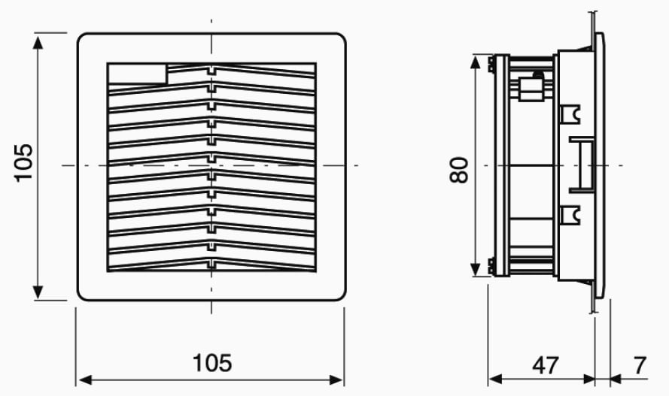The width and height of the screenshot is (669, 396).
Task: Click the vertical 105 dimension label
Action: (x=23, y=163)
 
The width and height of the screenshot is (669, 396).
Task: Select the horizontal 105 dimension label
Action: (x=212, y=363)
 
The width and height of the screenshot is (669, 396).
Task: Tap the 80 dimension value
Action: (x=459, y=171)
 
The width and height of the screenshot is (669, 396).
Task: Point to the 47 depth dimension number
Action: (x=546, y=365)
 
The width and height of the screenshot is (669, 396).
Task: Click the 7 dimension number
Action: (x=640, y=365)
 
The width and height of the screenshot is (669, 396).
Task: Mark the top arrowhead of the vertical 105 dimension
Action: (x=38, y=43)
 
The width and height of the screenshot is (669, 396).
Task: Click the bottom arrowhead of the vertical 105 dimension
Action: (x=38, y=292)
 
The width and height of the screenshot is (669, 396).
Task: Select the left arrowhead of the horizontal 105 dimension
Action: (x=86, y=379)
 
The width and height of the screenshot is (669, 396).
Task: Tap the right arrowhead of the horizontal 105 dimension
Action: (x=336, y=379)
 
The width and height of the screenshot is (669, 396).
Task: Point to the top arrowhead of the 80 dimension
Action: (x=475, y=62)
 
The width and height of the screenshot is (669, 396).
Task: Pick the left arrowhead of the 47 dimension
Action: (x=495, y=379)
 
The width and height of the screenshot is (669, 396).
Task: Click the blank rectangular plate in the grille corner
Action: (x=138, y=74)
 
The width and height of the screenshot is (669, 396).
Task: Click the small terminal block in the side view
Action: (x=531, y=88)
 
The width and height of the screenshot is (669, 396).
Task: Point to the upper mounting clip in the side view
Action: (x=570, y=114)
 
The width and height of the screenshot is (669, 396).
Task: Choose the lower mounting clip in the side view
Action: (x=570, y=215)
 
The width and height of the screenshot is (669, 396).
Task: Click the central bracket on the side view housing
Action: (x=582, y=165)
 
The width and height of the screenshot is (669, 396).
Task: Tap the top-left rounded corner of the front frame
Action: (x=81, y=37)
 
